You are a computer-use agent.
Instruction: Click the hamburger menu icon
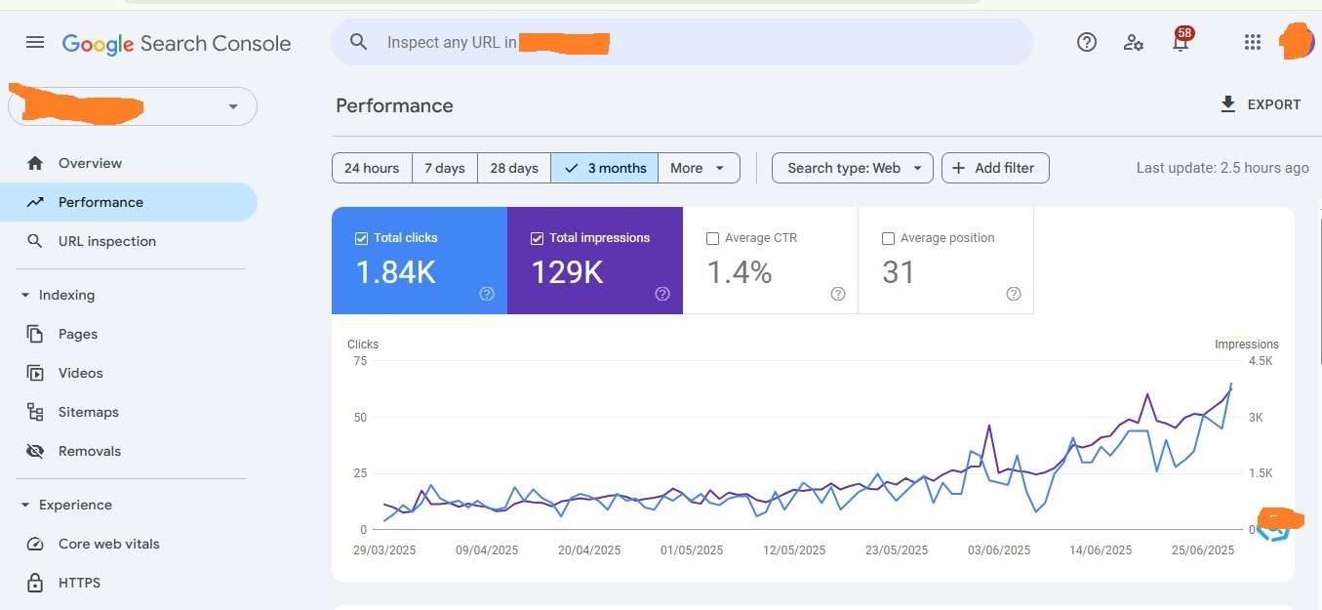point(35,42)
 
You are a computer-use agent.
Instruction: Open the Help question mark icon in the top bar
point(1087,42)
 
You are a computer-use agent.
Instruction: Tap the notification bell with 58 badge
point(1181,42)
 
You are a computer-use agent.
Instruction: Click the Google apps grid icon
point(1253,42)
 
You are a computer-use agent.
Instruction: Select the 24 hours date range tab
point(372,168)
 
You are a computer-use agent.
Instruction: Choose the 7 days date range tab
point(444,168)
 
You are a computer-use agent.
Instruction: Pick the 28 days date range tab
point(513,168)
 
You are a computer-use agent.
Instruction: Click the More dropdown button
point(698,168)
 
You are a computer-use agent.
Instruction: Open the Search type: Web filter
point(852,168)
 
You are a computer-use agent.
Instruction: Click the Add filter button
point(994,168)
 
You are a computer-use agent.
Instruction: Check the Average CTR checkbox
point(712,238)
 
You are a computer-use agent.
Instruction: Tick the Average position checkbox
point(888,238)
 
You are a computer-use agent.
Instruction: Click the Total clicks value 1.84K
point(395,272)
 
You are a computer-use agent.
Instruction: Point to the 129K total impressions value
point(567,272)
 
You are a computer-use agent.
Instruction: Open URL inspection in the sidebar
point(106,241)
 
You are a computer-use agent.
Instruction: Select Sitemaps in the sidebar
point(88,412)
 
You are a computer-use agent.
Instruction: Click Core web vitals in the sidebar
point(108,544)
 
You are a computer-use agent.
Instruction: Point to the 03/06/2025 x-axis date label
point(999,550)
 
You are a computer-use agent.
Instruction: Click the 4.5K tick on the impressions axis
point(1261,361)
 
